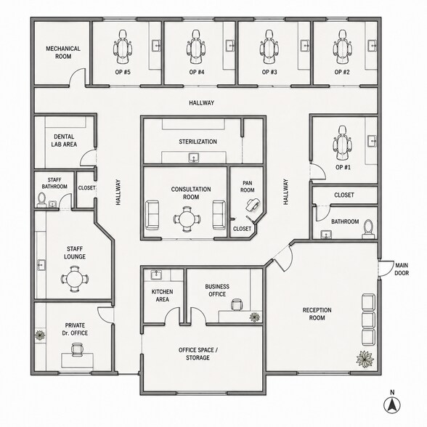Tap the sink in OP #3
[x=305, y=46]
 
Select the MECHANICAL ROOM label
[x=63, y=52]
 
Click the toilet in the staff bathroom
[x=41, y=199]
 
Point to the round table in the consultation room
[x=187, y=219]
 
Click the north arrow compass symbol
[x=392, y=405]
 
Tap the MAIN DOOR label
[x=402, y=269]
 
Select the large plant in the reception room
[x=365, y=359]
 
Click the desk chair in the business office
[x=237, y=304]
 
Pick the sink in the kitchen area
[x=156, y=274]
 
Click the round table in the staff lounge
[x=74, y=279]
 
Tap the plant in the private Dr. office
[x=41, y=335]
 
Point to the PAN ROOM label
[x=247, y=187]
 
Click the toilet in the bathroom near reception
[x=368, y=229]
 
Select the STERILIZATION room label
[x=198, y=142]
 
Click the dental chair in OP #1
[x=342, y=143]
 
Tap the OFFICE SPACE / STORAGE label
[x=198, y=354]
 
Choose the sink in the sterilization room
[x=194, y=158]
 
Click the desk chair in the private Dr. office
[x=77, y=350]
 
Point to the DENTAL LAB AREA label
[x=64, y=141]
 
